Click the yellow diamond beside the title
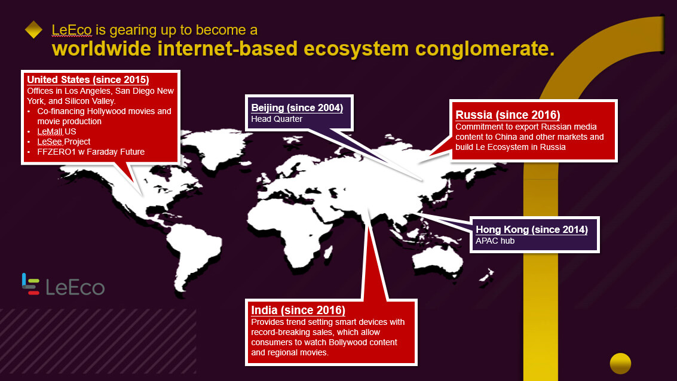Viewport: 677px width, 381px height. (33, 30)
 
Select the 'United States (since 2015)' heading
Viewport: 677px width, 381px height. (88, 79)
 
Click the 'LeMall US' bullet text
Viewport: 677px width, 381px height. (57, 131)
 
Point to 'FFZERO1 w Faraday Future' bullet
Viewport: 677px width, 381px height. (91, 152)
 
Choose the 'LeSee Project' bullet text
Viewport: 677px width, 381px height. (63, 142)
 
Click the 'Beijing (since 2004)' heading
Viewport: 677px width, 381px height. (297, 107)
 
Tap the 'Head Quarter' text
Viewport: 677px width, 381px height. (277, 119)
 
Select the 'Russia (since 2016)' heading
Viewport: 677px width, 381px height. (508, 115)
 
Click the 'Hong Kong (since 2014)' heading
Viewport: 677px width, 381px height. (531, 229)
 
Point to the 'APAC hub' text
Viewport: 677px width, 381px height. (495, 241)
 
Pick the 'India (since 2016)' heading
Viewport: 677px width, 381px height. (298, 310)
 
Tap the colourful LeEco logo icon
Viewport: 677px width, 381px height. (30, 284)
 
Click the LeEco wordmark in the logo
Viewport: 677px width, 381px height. (75, 287)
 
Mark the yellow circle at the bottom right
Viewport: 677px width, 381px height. (620, 363)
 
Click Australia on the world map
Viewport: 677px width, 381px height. (437, 259)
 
